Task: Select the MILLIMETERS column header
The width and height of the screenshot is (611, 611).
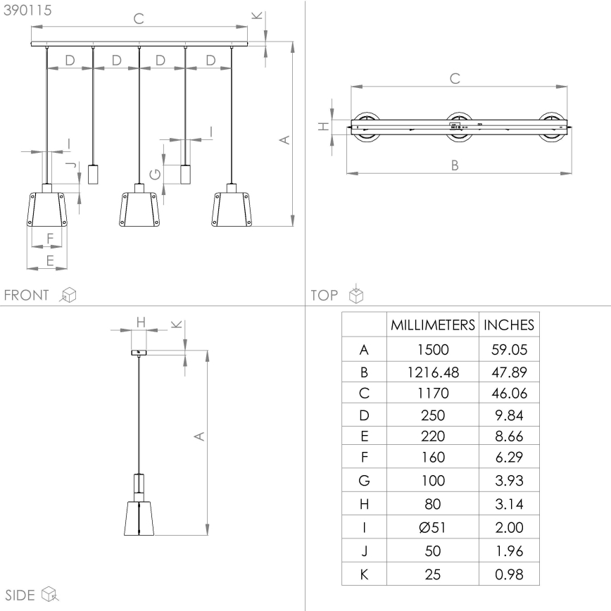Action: pyautogui.click(x=433, y=325)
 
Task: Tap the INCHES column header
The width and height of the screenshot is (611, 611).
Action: pyautogui.click(x=509, y=325)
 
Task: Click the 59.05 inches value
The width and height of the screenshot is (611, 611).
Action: pyautogui.click(x=508, y=348)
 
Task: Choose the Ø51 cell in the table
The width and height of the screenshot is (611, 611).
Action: pyautogui.click(x=433, y=528)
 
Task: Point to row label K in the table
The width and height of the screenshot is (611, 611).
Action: pyautogui.click(x=364, y=574)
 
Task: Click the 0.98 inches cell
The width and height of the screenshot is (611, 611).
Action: pyautogui.click(x=508, y=574)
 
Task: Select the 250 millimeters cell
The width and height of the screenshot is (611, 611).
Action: pyautogui.click(x=433, y=415)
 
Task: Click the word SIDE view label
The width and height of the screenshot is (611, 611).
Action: pyautogui.click(x=20, y=596)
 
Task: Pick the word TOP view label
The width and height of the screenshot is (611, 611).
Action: pyautogui.click(x=325, y=295)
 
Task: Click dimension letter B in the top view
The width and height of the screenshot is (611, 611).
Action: pyautogui.click(x=455, y=165)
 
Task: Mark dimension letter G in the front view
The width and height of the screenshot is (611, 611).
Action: pyautogui.click(x=156, y=174)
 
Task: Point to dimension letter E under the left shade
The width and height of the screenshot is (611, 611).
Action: pyautogui.click(x=49, y=260)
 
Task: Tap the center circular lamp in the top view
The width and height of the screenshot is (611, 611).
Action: pyautogui.click(x=459, y=127)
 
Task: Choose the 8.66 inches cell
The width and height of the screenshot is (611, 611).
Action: pyautogui.click(x=508, y=436)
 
